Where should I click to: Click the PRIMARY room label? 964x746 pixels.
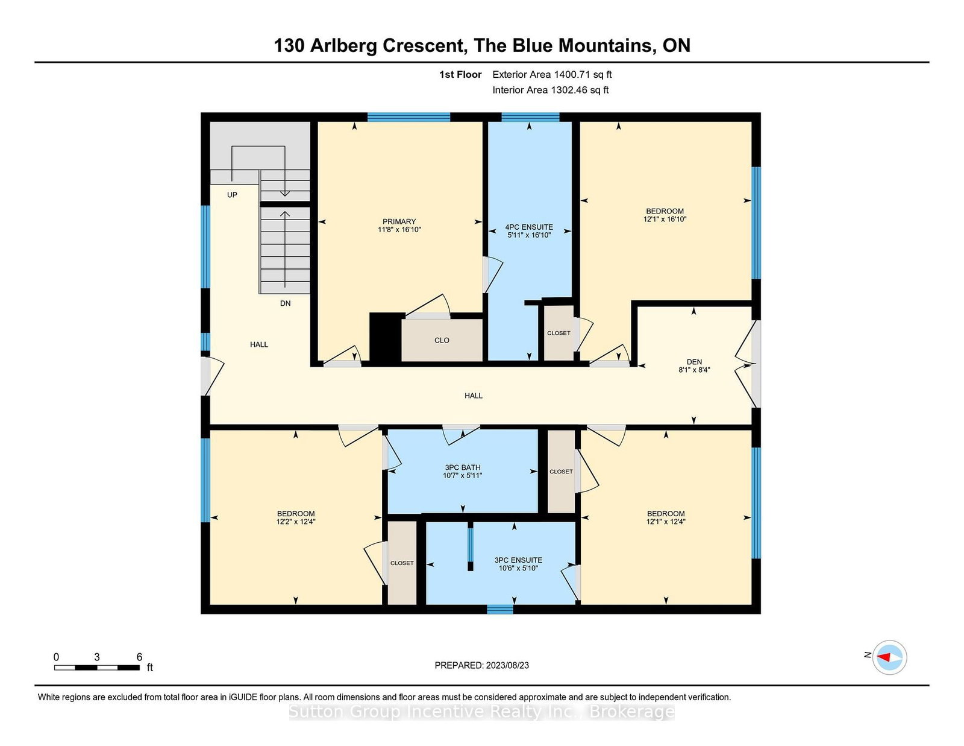coord(399,221)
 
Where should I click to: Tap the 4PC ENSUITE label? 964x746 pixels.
coord(529,227)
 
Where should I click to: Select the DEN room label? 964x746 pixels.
coord(694,361)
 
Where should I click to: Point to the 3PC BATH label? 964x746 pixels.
coord(462,467)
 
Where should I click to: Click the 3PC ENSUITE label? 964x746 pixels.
coord(518,560)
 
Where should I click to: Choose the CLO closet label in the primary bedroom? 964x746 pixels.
coord(442,340)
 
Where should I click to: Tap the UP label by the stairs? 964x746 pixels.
coord(232,195)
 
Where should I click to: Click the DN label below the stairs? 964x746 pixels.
coord(285,303)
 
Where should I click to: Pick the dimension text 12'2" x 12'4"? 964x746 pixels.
coord(295,522)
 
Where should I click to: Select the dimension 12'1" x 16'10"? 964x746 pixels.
coord(665,219)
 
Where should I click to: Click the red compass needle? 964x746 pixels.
coord(883,657)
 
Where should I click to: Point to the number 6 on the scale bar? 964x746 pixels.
coord(139,657)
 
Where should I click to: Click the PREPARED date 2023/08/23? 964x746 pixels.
coord(507,665)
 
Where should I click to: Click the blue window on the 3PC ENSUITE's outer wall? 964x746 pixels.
coord(500,609)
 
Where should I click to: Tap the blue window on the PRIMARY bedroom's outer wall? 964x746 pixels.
coord(408,117)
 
